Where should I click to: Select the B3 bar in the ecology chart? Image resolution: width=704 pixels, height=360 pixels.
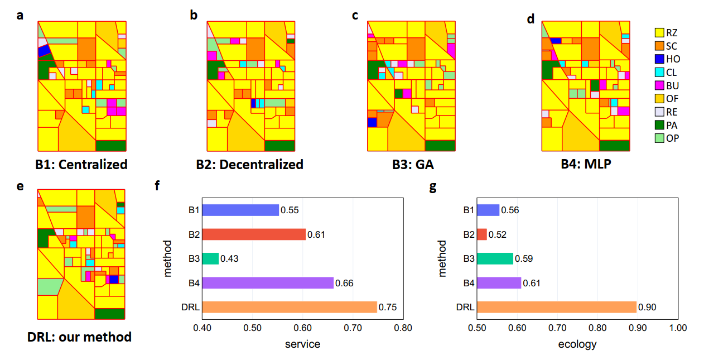[495, 258]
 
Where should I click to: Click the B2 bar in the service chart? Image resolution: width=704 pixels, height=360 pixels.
[254, 234]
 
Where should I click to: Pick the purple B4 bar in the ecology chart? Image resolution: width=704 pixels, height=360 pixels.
[499, 283]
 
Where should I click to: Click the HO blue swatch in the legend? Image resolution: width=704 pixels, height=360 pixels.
[659, 59]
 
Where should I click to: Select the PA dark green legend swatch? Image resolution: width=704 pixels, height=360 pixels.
[659, 125]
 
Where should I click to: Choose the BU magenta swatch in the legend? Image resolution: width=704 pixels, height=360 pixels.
[659, 85]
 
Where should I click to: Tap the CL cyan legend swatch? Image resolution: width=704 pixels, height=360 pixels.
[659, 72]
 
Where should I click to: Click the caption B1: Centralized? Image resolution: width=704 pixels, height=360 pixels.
[81, 165]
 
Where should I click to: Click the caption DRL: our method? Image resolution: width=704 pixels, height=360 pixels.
[80, 337]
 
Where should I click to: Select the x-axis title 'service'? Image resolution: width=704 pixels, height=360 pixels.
[302, 344]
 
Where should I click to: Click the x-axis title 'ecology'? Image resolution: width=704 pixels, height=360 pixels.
[577, 344]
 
